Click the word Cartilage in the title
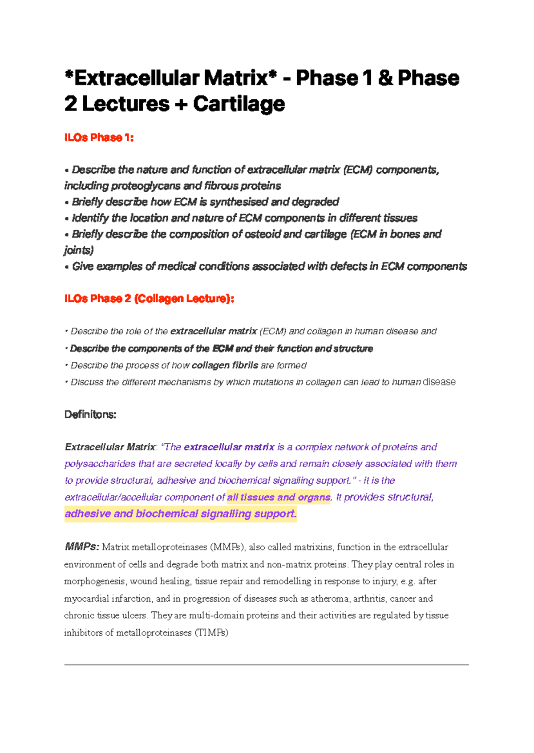pos(239,104)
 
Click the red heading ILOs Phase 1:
pos(99,138)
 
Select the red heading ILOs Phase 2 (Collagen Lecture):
pos(149,299)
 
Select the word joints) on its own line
pos(79,250)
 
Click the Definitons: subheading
pos(90,415)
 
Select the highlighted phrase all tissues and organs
pos(279,497)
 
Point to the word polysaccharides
pos(100,464)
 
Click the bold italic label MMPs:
pos(82,547)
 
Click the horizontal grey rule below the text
pos(266,665)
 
